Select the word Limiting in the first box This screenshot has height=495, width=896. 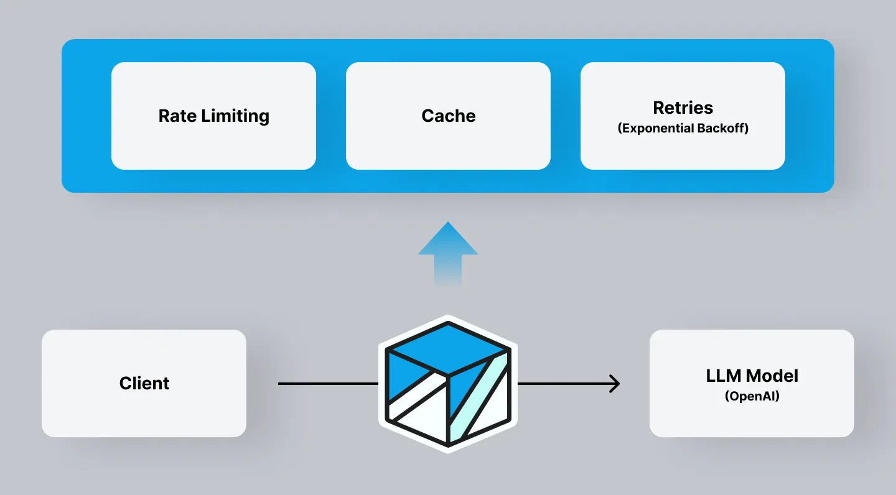point(236,116)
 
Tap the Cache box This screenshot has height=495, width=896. point(448,116)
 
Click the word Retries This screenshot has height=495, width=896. point(683,108)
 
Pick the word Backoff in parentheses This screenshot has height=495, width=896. point(726,129)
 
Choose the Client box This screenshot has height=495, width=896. point(144,383)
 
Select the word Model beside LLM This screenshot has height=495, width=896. point(772,376)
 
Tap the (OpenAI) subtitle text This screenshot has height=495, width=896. point(752,396)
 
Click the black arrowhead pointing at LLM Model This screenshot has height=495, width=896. point(614,384)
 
